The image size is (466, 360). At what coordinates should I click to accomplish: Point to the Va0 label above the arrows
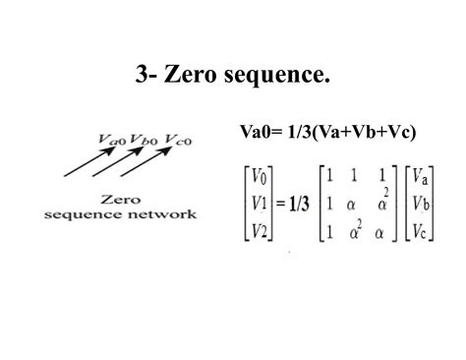click(113, 141)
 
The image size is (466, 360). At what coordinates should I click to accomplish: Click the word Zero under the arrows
click(119, 198)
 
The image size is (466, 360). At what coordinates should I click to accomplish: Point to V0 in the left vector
click(259, 178)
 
